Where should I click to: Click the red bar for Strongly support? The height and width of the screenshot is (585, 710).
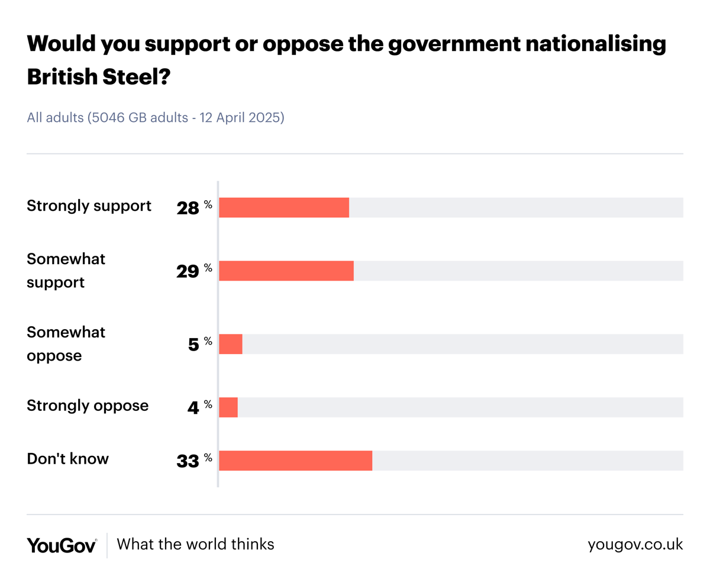284,208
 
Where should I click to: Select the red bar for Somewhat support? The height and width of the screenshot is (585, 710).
286,271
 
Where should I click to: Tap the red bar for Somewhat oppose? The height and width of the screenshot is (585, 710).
231,344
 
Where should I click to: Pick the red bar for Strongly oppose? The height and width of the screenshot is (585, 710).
228,407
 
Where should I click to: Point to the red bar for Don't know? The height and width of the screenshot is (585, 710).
296,461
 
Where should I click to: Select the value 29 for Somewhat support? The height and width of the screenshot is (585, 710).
188,271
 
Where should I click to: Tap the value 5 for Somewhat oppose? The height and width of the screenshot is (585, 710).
193,345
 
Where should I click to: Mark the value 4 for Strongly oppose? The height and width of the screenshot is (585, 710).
193,407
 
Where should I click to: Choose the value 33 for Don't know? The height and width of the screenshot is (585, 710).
188,461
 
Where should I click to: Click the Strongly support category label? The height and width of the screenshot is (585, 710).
89,206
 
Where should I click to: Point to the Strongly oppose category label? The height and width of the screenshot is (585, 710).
88,406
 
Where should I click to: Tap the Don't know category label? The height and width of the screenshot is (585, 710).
68,458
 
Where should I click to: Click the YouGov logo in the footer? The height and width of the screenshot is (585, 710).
62,545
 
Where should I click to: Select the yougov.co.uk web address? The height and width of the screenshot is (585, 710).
635,545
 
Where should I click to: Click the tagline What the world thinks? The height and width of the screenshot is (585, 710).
196,544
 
